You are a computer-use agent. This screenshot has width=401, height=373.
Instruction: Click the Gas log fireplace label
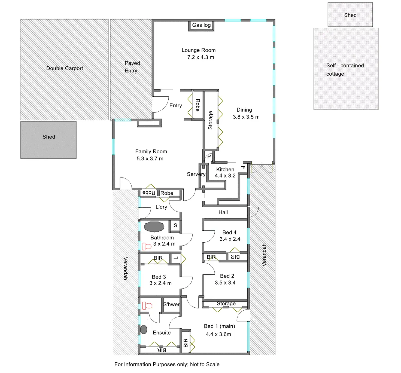pos(201,25)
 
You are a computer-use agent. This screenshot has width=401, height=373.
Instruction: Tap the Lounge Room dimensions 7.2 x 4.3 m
pos(200,57)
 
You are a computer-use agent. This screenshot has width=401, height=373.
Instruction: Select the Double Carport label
pos(65,68)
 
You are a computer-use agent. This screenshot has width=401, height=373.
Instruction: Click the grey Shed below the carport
pos(48,140)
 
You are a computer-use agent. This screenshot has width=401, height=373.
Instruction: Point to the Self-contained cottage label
pos(345,70)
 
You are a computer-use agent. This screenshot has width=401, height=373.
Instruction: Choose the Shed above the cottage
pos(350,15)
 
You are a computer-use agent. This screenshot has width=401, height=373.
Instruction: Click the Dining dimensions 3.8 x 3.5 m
pos(246,117)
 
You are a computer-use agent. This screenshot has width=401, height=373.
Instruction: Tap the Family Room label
pos(151,152)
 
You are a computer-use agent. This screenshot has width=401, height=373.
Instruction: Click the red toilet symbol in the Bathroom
pos(147,246)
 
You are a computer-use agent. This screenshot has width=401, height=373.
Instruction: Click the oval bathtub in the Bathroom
pos(154,227)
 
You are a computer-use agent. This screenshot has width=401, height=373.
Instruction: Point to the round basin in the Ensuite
pos(144,330)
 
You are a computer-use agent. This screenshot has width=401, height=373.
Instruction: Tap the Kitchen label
pos(225,169)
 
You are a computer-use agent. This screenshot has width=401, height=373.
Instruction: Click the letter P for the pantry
pos(209,157)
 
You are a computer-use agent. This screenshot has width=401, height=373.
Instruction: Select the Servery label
pos(196,174)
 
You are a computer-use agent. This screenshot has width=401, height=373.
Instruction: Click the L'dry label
pos(161,207)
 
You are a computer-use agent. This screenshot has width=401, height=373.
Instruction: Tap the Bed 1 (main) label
pos(219,326)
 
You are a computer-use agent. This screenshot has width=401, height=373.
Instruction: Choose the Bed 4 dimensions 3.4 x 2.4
pos(230,239)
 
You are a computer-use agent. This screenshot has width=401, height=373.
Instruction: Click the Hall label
pos(223,212)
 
